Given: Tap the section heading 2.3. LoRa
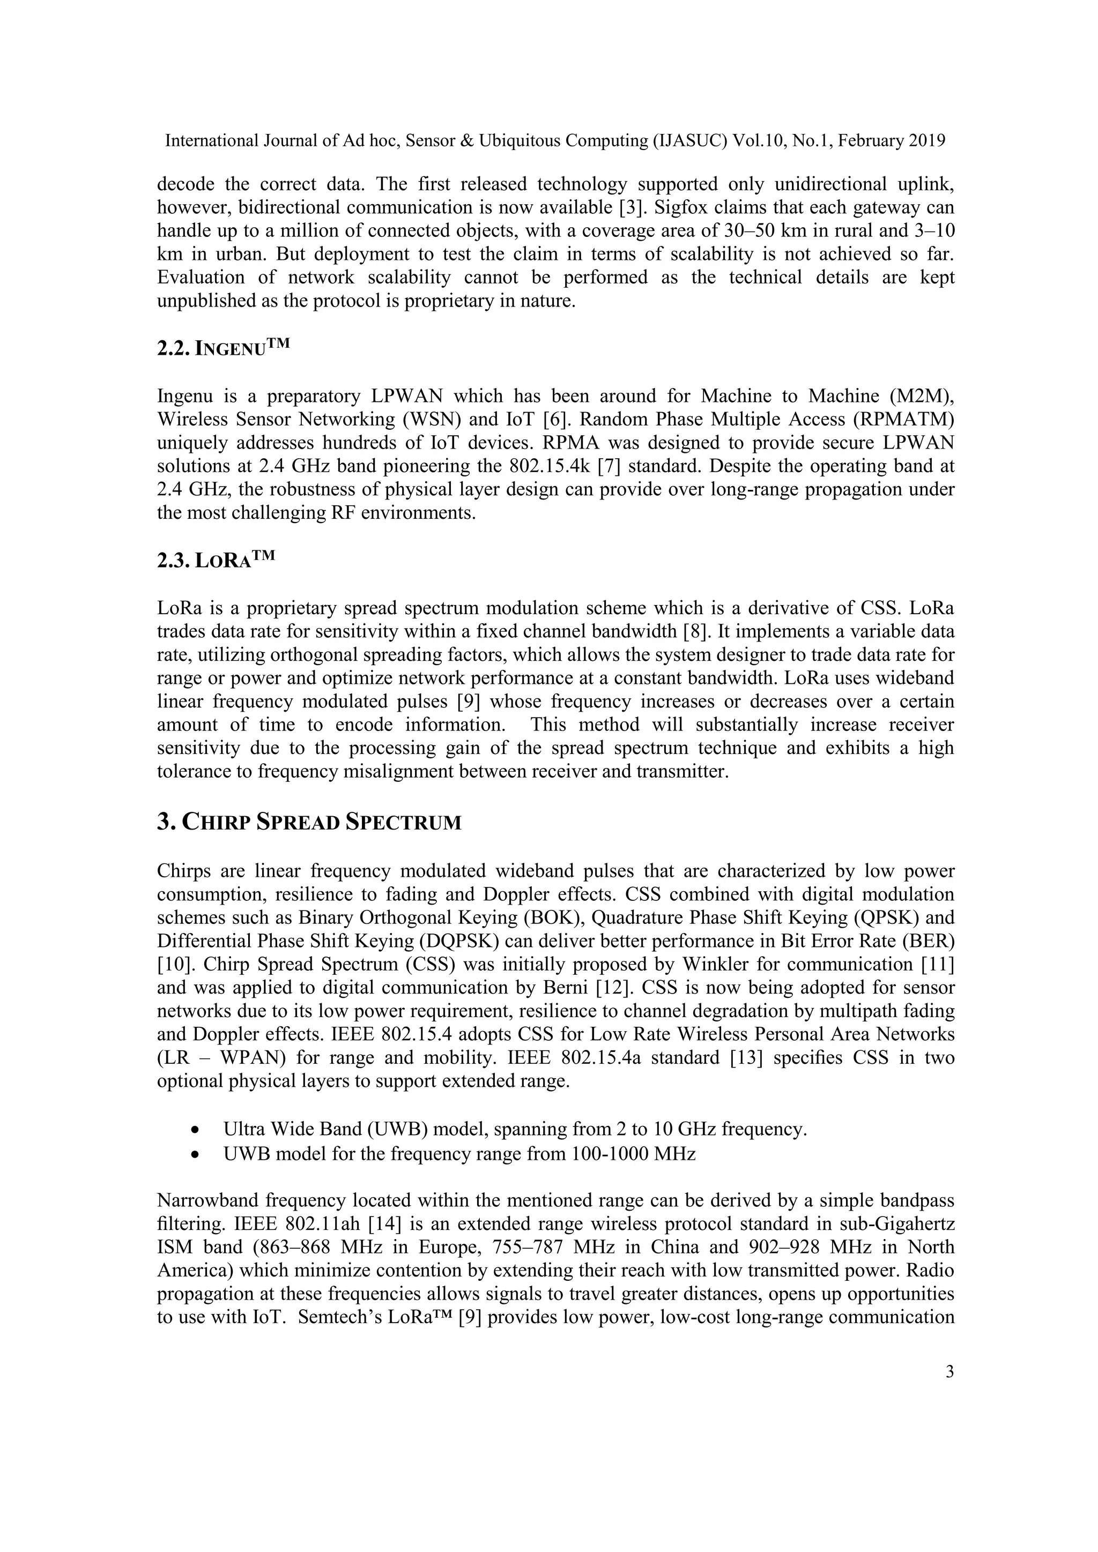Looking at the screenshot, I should [x=217, y=561].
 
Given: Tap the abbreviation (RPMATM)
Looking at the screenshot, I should [x=903, y=420].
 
